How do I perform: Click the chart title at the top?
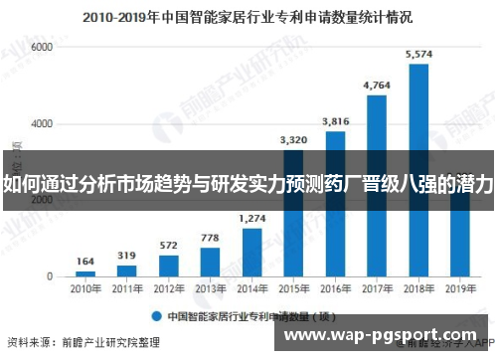click(x=248, y=17)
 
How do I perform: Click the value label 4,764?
click(x=377, y=86)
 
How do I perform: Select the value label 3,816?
click(x=335, y=121)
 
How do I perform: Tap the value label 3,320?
click(x=293, y=140)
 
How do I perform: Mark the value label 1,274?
click(x=252, y=218)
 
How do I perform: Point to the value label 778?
click(x=211, y=237)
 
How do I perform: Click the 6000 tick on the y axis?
click(x=42, y=47)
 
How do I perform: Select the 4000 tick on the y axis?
click(x=42, y=123)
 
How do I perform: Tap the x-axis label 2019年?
click(x=460, y=288)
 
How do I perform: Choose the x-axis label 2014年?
click(x=252, y=288)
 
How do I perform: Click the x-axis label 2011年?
click(x=127, y=288)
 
